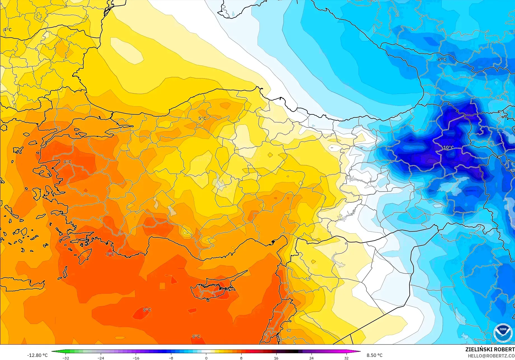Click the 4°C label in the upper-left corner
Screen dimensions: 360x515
pos(8,30)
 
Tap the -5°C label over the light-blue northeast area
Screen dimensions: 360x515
pos(441,60)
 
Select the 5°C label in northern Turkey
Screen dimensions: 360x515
pos(202,118)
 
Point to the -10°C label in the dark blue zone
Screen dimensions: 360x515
pos(448,147)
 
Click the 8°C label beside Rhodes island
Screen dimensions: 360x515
pos(110,254)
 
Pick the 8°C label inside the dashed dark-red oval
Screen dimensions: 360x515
pos(147,310)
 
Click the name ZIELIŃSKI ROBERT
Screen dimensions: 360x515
pos(490,349)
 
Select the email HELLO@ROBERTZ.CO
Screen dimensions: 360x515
pos(491,356)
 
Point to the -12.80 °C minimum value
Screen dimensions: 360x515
pos(37,355)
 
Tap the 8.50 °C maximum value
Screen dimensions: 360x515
pos(374,355)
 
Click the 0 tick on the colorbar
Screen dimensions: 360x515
pos(206,358)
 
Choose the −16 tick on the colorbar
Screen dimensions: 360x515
pos(136,358)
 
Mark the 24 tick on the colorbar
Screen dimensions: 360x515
pos(311,358)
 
